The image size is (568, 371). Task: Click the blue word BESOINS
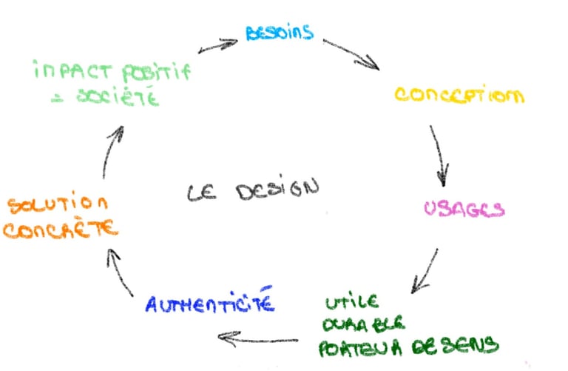point(280,32)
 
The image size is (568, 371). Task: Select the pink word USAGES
point(464,210)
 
